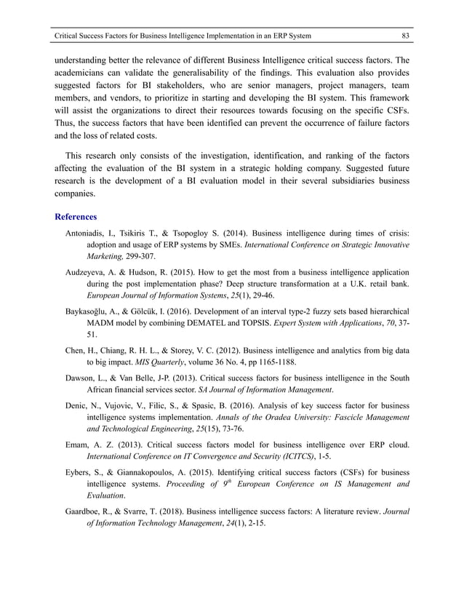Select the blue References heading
[76, 217]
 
